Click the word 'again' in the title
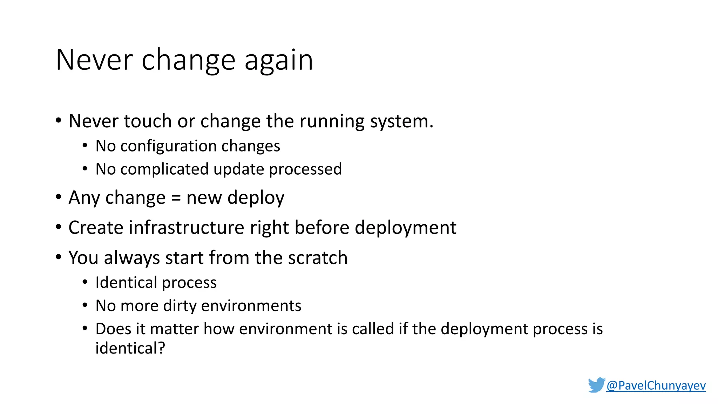(278, 60)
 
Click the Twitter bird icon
(596, 385)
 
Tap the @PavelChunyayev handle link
(656, 385)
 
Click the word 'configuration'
(166, 146)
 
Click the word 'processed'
(305, 169)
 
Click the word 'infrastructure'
(187, 228)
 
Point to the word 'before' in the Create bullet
(322, 228)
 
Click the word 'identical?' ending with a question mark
(130, 348)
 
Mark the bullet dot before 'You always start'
(59, 257)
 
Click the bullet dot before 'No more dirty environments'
(85, 305)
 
